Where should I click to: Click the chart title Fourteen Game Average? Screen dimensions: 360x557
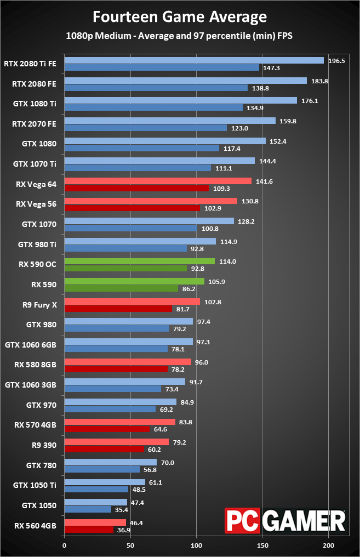180,16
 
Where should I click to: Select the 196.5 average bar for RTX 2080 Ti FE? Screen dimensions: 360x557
194,60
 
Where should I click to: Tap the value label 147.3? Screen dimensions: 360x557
271,68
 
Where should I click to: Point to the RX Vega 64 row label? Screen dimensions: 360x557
36,184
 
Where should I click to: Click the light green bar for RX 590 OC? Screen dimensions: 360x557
140,261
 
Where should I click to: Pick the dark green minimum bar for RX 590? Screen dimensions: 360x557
122,288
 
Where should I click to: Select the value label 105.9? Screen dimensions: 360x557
216,282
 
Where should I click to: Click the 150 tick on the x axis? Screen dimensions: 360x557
262,545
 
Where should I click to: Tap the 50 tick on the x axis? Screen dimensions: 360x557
130,545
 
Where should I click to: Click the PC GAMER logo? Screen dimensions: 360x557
285,521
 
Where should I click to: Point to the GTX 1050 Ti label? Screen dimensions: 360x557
35,485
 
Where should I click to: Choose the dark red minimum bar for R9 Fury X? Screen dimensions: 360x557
118,309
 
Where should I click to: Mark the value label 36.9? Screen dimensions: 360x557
123,530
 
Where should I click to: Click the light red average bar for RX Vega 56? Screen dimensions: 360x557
151,201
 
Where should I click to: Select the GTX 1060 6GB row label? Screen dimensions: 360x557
31,345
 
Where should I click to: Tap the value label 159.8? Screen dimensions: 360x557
288,121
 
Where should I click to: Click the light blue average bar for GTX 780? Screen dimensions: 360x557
111,462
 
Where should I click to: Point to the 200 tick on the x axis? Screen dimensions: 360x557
329,545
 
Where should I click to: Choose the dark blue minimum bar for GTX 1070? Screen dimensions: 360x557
131,228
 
